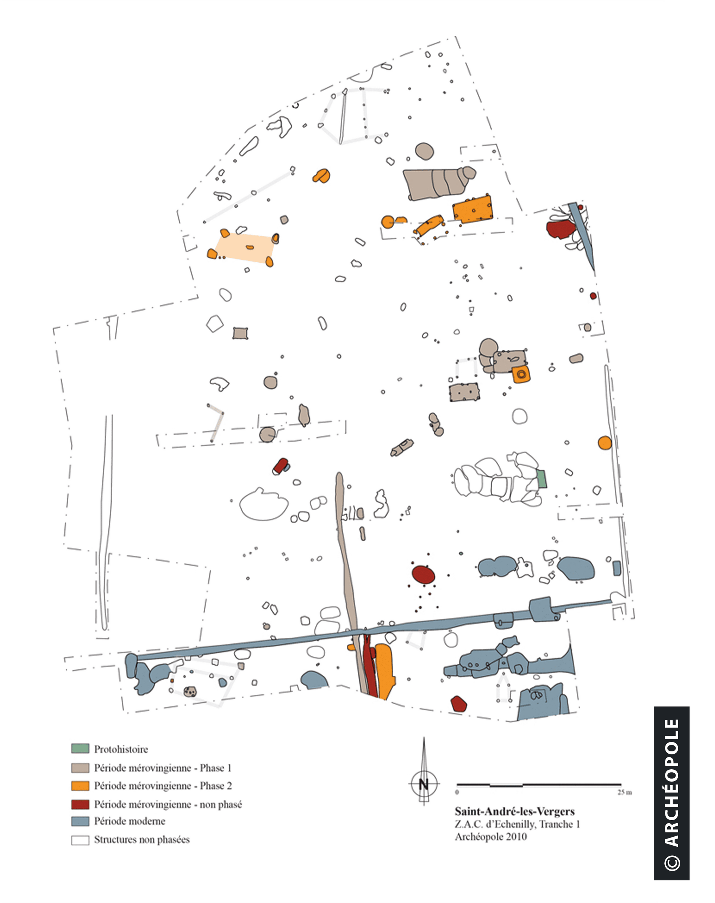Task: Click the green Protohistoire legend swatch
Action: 80,748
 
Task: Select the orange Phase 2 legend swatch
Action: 80,786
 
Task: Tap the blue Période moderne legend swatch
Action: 80,821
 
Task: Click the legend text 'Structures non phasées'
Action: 142,840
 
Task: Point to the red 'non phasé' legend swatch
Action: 80,804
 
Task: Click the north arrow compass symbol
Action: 424,783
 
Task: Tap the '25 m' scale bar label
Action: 624,792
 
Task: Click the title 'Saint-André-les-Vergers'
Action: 515,811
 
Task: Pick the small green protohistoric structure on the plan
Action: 542,479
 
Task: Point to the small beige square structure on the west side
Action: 240,333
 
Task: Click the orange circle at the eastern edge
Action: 604,443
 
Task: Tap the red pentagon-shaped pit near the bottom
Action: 458,704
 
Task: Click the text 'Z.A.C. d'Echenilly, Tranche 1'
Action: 517,824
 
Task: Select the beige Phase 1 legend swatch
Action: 80,768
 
